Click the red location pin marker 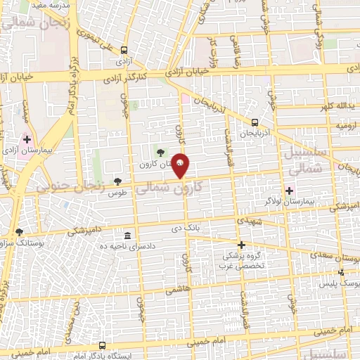pos(181,164)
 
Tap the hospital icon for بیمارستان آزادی pos(27,140)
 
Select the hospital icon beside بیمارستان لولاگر pos(289,191)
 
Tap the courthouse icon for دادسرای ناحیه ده pos(127,236)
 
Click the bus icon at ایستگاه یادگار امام pos(102,345)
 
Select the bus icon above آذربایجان pos(254,121)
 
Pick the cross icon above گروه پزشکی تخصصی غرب pos(241,245)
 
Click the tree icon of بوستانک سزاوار pos(19,231)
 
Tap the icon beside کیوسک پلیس pos(342,272)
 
